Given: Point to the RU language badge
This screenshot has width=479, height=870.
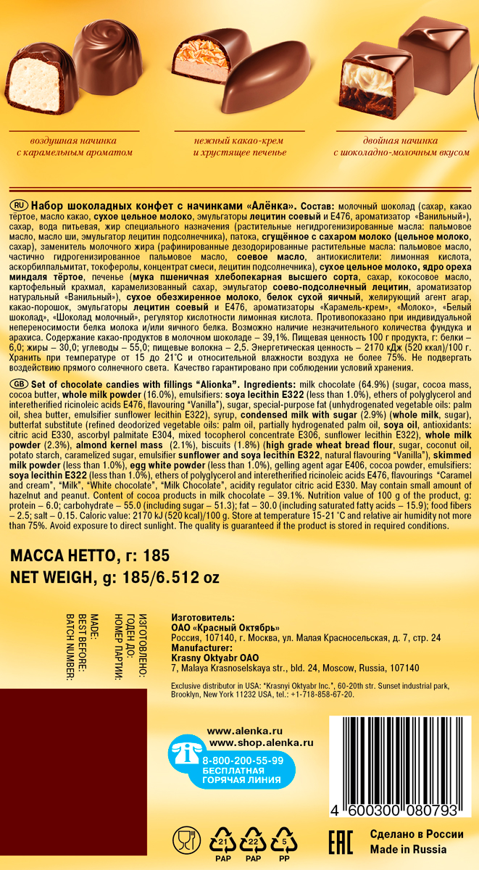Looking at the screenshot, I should pos(20,205).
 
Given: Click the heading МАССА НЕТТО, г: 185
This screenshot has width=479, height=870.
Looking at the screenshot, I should pos(89,556).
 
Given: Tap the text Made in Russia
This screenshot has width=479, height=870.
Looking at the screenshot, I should pos(408,849).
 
